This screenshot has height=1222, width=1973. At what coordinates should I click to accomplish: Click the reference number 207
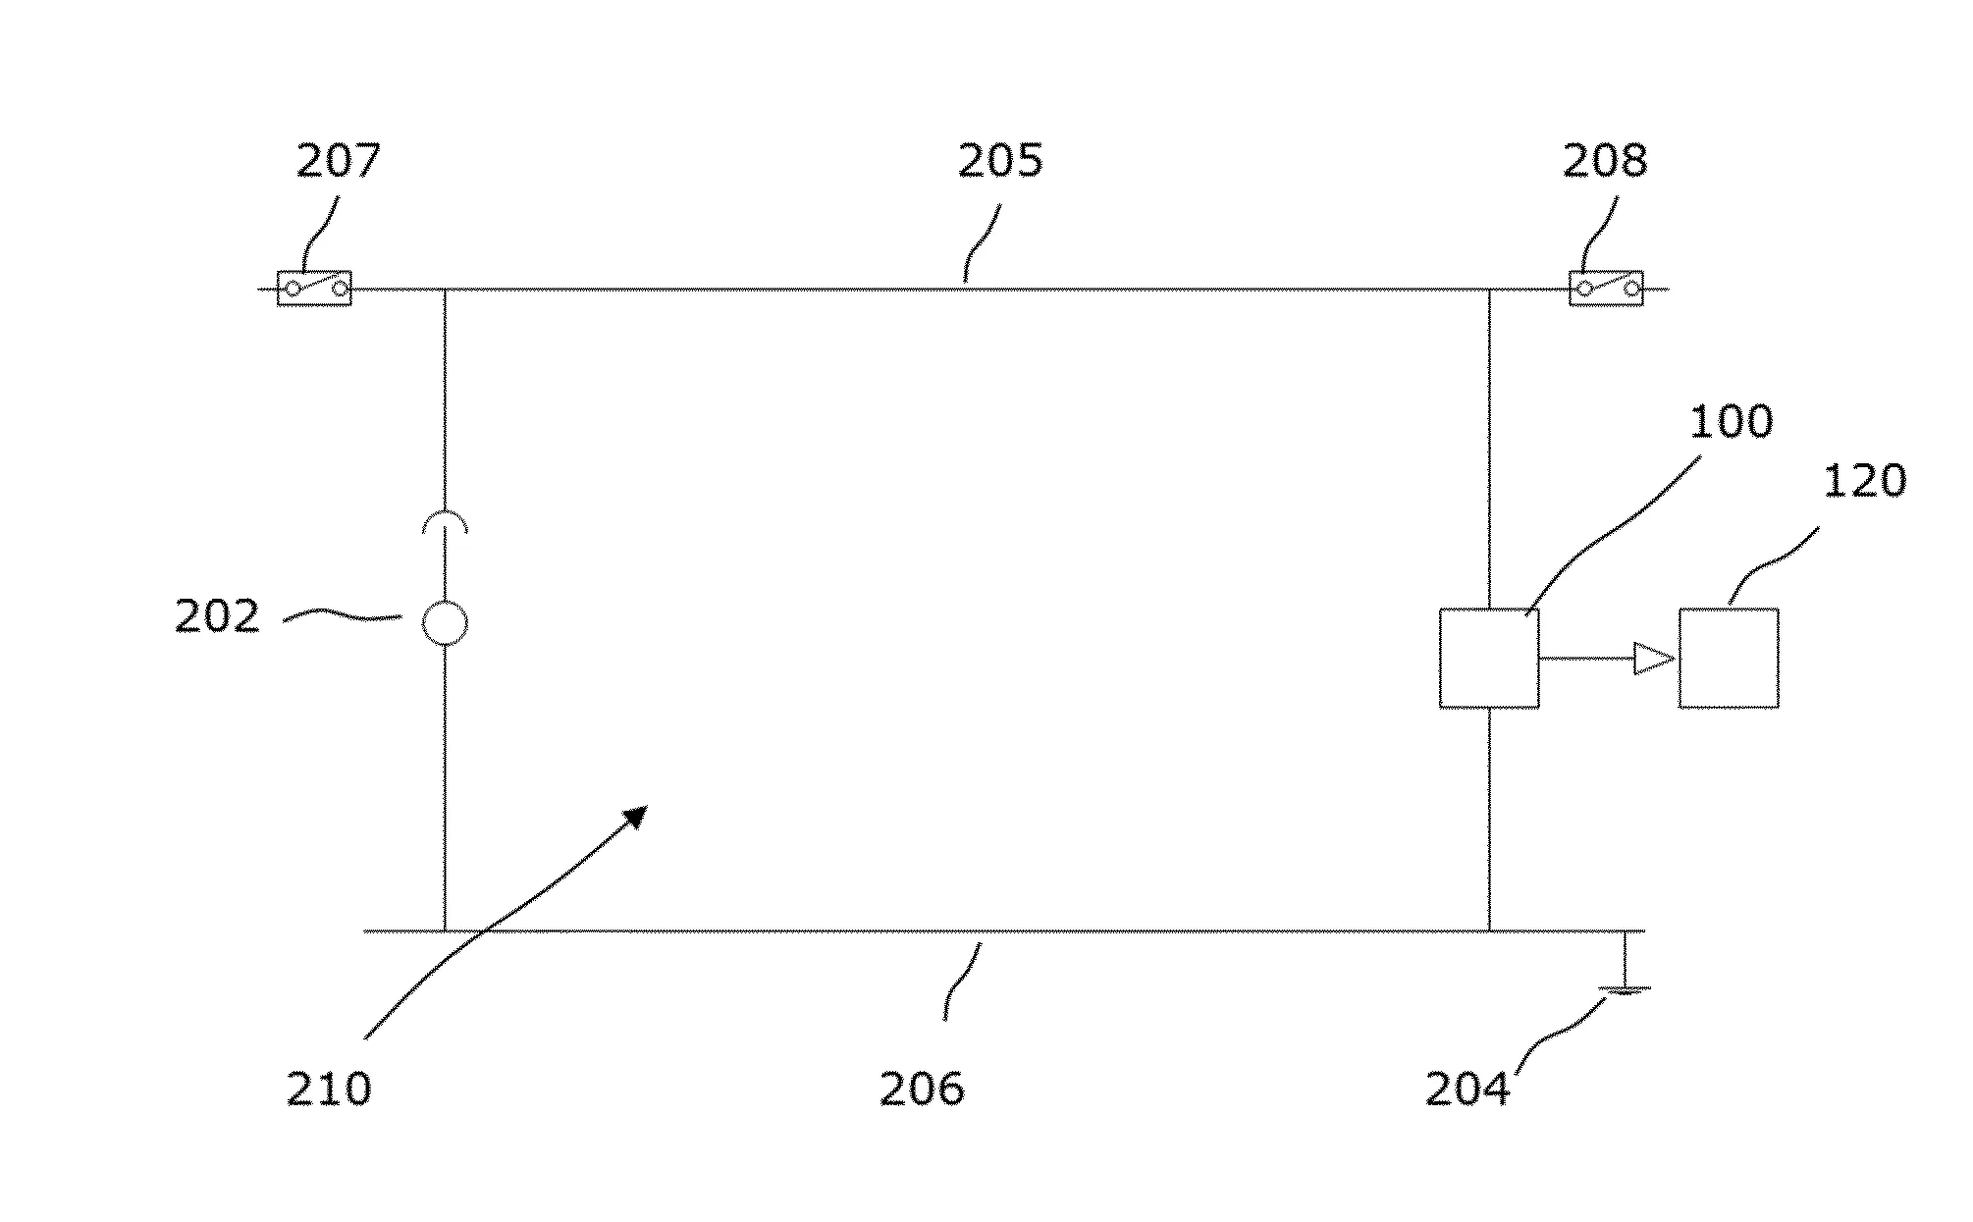click(338, 161)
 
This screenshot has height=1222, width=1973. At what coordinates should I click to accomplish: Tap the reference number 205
click(1000, 161)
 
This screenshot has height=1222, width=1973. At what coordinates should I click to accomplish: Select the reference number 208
click(1605, 161)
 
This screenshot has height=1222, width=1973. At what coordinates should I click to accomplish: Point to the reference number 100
click(1732, 421)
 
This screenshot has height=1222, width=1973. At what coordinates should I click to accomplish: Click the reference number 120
click(1865, 481)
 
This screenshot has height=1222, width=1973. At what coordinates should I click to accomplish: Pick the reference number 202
click(217, 616)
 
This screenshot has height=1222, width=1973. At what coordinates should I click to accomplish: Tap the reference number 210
click(329, 1089)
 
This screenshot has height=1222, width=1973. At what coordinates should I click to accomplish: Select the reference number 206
click(922, 1089)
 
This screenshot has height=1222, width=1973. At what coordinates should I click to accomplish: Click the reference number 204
click(1467, 1089)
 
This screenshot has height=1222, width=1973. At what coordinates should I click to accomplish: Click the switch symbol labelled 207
click(314, 289)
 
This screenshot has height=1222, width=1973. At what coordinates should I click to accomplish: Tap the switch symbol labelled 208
click(1606, 289)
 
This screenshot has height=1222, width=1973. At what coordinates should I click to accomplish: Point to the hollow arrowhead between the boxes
click(1654, 658)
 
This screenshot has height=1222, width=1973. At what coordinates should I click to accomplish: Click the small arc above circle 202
click(445, 513)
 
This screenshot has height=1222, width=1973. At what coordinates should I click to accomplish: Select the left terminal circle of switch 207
click(293, 289)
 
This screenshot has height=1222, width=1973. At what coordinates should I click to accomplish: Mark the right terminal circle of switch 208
click(1631, 289)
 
